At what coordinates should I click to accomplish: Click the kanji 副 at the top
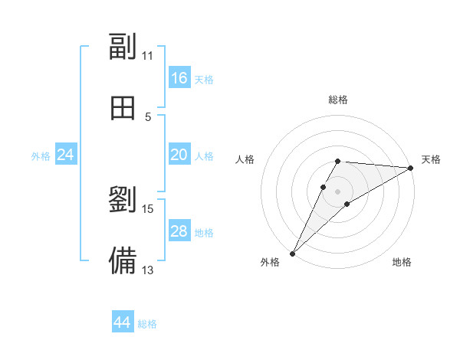[x=123, y=47]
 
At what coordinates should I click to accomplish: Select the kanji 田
[x=123, y=108]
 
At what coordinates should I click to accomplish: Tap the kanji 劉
[x=123, y=200]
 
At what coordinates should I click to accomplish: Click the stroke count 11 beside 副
[x=148, y=56]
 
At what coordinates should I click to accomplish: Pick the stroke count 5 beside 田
[x=148, y=116]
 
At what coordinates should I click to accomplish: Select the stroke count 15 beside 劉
[x=148, y=208]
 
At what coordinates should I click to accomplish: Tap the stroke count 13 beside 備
[x=148, y=269]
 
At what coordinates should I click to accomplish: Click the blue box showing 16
[x=179, y=78]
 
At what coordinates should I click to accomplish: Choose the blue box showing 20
[x=179, y=155]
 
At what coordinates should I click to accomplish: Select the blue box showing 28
[x=179, y=231]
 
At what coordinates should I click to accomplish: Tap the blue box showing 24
[x=66, y=155]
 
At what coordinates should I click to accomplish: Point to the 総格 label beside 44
[x=147, y=324]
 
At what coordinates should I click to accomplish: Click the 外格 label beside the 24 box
[x=41, y=156]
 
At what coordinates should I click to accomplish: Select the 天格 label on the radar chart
[x=431, y=159]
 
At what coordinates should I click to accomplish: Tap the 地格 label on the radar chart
[x=402, y=262]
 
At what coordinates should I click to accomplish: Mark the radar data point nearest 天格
[x=410, y=168]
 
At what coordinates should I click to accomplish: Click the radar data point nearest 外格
[x=293, y=253]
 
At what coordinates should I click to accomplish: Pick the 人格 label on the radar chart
[x=245, y=159]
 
